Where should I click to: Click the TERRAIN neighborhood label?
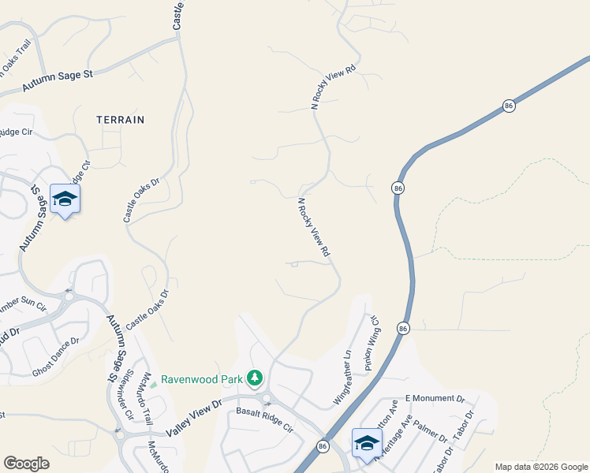pyautogui.click(x=120, y=120)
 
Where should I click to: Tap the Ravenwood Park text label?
pyautogui.click(x=201, y=379)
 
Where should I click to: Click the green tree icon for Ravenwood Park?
pyautogui.click(x=255, y=379)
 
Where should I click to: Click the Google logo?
pyautogui.click(x=26, y=463)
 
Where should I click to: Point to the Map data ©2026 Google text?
pyautogui.click(x=541, y=467)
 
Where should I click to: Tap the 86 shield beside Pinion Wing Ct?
pyautogui.click(x=403, y=327)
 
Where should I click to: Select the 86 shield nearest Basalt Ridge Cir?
pyautogui.click(x=323, y=446)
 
